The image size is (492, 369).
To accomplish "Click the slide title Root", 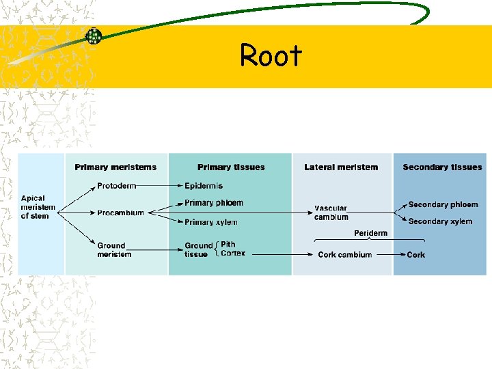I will click(271, 56).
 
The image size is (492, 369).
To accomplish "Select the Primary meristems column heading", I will click(115, 167).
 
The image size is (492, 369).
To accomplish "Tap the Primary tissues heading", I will click(231, 167).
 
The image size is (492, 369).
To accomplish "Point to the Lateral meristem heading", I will click(341, 167).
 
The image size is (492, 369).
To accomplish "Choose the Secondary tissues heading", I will click(442, 167).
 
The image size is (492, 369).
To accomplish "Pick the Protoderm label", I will click(116, 186).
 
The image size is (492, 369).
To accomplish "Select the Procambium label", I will click(120, 213).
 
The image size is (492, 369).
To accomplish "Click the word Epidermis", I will click(204, 186).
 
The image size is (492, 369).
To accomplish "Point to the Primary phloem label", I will click(213, 203).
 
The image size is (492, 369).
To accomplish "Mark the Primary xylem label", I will click(211, 222).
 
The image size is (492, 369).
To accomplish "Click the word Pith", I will click(228, 244).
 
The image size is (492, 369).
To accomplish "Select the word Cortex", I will click(233, 254).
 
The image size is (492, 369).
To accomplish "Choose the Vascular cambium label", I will click(331, 213).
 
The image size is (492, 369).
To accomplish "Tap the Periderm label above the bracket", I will click(370, 233).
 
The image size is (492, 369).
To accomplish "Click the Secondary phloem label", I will click(443, 205).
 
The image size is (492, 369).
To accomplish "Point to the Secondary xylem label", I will click(440, 221).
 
